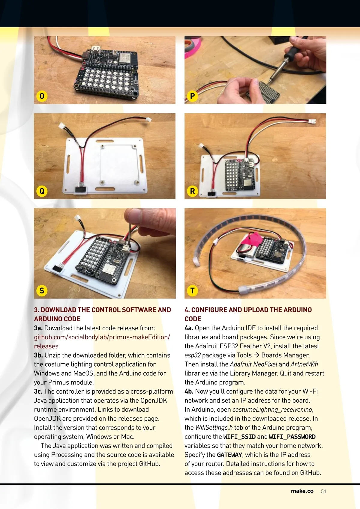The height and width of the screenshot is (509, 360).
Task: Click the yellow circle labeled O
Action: pos(42,96)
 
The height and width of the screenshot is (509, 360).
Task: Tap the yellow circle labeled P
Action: pos(192,96)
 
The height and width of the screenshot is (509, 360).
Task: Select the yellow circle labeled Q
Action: pos(42,191)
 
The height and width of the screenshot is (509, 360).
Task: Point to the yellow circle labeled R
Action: pos(192,191)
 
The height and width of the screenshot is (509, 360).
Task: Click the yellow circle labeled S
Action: pos(42,291)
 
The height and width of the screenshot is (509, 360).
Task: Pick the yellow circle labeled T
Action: pos(192,291)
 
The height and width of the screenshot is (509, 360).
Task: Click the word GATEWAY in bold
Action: pos(230,455)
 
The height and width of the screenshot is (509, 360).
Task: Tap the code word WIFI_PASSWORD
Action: pos(292,437)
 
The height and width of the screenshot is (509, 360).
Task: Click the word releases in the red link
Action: pos(46,346)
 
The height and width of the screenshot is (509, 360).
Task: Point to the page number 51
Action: pos(323,492)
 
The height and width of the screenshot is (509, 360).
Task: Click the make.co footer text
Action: pos(302,491)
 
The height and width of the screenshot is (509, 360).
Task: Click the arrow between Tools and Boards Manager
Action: pos(256,355)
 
